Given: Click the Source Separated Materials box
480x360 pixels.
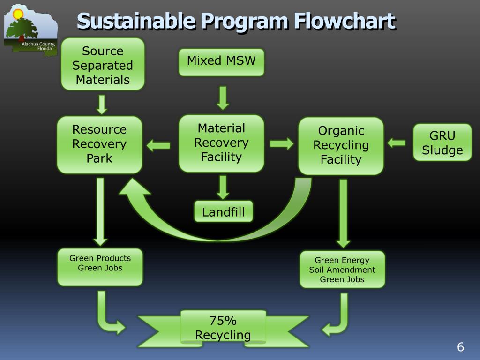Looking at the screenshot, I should click(103, 65).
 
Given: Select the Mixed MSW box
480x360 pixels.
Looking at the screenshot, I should click(221, 62).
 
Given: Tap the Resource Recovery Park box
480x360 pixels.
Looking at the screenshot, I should click(99, 144).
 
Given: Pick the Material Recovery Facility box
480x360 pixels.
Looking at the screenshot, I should click(221, 142).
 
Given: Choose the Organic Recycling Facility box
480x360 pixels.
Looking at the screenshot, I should click(341, 145).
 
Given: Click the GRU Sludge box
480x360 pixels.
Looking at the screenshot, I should click(442, 142).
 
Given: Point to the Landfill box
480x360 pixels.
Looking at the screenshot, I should click(223, 212).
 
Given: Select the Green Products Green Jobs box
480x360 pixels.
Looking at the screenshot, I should click(100, 267).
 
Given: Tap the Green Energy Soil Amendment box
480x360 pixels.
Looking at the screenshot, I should click(342, 270).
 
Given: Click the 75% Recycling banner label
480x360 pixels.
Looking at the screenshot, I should click(223, 328).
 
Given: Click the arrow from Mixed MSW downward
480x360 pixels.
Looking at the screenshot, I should click(223, 97).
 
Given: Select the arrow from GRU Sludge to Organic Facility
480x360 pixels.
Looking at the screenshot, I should click(396, 142).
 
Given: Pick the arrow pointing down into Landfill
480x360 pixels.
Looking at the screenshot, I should click(223, 187).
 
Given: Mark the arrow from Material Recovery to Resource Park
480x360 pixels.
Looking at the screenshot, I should click(158, 145).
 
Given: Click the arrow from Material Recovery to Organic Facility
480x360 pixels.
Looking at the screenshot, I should click(282, 143).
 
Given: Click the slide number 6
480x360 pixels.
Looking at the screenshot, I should click(460, 347).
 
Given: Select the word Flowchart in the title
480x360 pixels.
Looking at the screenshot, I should click(345, 21).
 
